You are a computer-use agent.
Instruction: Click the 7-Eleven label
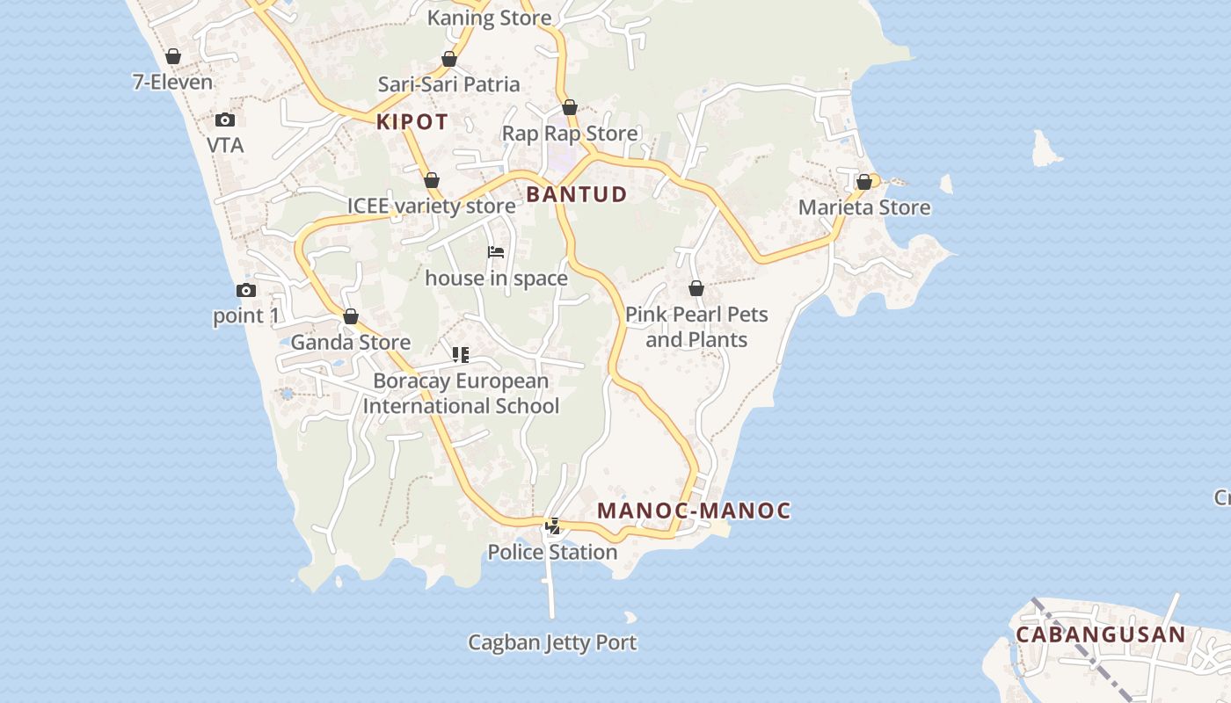(172, 83)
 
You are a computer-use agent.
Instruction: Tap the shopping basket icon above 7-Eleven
(173, 56)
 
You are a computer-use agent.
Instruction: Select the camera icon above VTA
(224, 120)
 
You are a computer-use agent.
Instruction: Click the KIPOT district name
(412, 122)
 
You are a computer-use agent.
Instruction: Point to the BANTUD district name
(577, 194)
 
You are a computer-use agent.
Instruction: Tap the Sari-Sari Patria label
(448, 84)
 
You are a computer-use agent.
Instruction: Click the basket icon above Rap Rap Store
(570, 107)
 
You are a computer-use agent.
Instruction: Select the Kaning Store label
(489, 18)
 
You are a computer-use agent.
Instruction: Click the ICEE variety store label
(431, 207)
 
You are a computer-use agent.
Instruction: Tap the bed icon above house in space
(496, 252)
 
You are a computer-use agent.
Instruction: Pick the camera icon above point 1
(245, 290)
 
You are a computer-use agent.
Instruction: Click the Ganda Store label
(351, 342)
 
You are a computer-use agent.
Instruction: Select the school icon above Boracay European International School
(461, 355)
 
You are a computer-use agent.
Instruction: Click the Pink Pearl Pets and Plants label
(696, 327)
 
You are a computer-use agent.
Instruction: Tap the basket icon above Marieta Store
(863, 182)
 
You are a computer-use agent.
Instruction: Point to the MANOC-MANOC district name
(694, 511)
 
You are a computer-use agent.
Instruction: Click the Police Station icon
(553, 526)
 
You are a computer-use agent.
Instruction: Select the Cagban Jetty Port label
(552, 642)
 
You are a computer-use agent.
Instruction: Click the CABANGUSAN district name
(1101, 634)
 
